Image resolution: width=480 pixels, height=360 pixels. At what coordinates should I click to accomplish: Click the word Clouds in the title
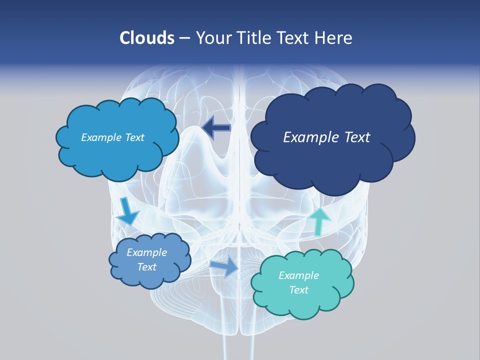click(x=146, y=38)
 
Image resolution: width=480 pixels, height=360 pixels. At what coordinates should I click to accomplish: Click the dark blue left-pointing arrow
click(x=216, y=127)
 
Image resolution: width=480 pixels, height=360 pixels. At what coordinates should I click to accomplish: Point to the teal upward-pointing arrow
click(x=319, y=221)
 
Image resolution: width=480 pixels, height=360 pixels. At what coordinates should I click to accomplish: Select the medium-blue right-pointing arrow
click(x=224, y=267)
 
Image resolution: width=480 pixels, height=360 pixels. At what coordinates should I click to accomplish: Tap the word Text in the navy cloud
click(x=355, y=137)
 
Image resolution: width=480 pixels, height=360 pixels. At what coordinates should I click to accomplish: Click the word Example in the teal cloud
click(x=298, y=275)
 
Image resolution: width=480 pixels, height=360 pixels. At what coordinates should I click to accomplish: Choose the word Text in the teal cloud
click(x=298, y=290)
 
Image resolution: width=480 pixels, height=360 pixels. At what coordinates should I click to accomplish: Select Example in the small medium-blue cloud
click(x=146, y=252)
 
